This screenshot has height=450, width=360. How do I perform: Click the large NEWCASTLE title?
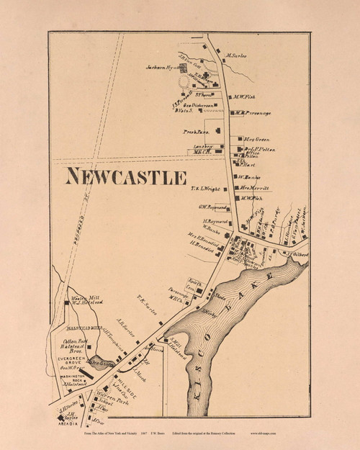(x=126, y=177)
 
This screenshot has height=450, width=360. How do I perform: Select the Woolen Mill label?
(x=84, y=299)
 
